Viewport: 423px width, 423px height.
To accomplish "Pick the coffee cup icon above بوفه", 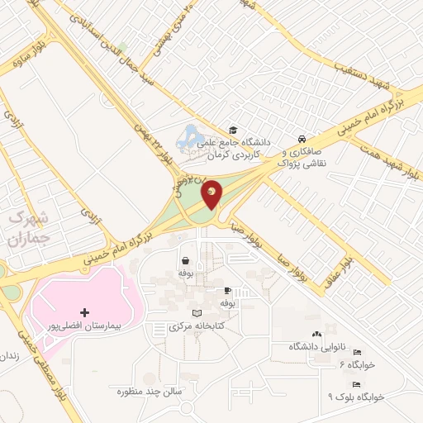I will (x=227, y=291).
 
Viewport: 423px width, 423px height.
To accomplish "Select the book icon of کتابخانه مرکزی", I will (x=196, y=313).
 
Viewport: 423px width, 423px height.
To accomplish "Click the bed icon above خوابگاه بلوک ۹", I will (x=356, y=384).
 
